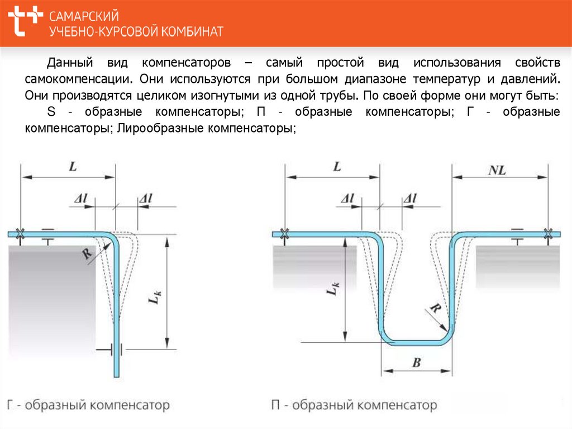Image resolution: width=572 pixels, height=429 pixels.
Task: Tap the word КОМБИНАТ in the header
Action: [x=193, y=31]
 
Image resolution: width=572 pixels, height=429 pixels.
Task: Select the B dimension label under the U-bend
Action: [x=416, y=364]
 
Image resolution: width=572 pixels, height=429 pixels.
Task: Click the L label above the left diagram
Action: [x=72, y=167]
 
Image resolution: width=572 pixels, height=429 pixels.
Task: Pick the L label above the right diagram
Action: [x=337, y=167]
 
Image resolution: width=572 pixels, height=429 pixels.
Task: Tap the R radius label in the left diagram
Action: [x=87, y=253]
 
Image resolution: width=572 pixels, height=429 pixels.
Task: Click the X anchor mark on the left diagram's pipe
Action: [x=20, y=234]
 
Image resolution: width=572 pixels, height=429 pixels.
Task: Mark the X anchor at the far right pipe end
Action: [x=548, y=234]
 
